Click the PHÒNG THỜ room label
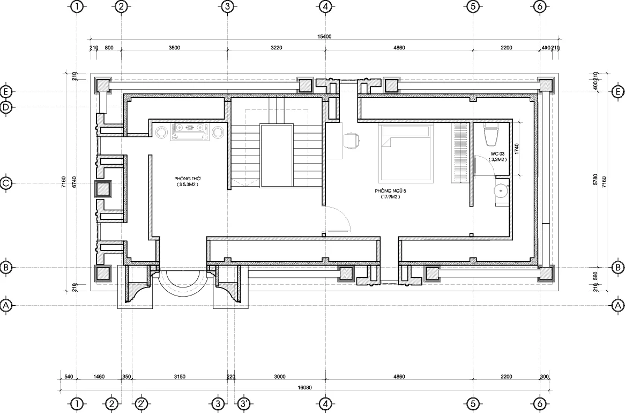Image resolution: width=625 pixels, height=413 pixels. coord(188,179)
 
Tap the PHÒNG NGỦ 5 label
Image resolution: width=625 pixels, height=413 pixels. coord(390,191)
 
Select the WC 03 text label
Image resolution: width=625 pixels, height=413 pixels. coord(497,153)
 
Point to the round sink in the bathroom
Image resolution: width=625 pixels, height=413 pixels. coord(500,191)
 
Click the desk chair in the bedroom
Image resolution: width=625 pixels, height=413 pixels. coord(352,141)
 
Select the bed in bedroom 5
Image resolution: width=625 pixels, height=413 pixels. coord(405,153)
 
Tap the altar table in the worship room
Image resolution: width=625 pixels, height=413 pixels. coord(190,132)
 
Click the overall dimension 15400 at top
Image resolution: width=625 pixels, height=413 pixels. coord(324,36)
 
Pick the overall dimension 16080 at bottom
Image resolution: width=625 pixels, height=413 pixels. coord(305,387)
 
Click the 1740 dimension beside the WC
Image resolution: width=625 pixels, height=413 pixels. coord(517,149)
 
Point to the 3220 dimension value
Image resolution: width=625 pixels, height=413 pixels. coord(276,48)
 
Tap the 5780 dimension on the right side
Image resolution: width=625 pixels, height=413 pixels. coord(596,180)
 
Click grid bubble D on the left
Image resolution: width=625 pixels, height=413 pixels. coord(6,107)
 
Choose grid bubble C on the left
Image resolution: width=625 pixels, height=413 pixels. coord(6,183)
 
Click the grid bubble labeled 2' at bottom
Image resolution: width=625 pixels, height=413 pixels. coord(140,403)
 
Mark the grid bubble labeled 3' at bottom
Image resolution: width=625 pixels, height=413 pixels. coord(244,403)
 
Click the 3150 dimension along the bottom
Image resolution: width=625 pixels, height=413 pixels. coord(180,377)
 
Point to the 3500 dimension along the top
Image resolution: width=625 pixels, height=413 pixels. coord(174,48)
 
